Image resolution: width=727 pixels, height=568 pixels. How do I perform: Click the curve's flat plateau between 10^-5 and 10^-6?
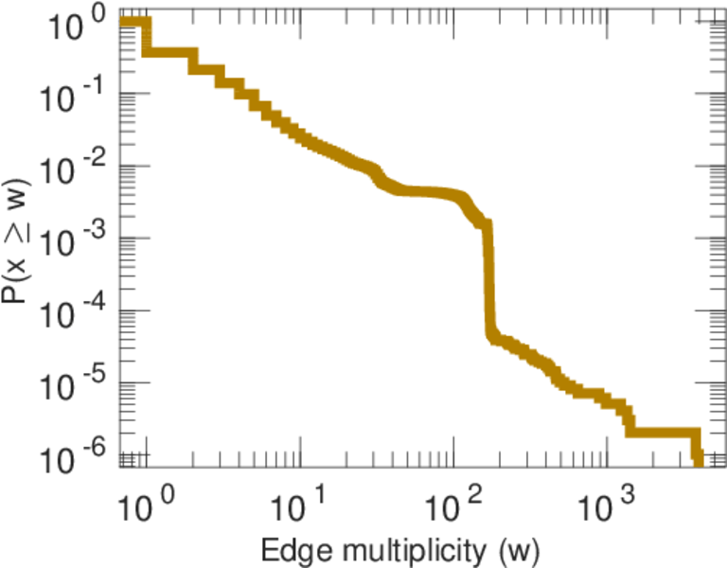click(x=663, y=432)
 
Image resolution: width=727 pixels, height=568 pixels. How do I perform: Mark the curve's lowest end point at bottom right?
click(x=699, y=461)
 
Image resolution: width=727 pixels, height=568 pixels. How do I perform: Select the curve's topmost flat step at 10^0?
click(x=133, y=22)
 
